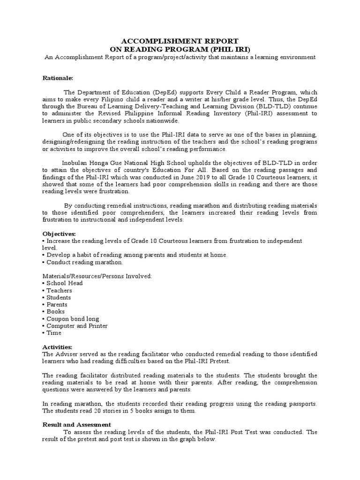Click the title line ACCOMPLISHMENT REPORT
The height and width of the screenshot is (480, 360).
180,41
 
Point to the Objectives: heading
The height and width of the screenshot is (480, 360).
59,233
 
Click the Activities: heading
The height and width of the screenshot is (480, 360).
58,346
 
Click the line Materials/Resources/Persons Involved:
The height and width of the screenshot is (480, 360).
97,276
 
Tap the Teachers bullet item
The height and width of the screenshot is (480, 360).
59,290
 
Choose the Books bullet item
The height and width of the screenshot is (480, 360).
55,311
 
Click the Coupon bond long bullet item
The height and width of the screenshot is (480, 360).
73,319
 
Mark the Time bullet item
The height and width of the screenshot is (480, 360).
54,333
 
